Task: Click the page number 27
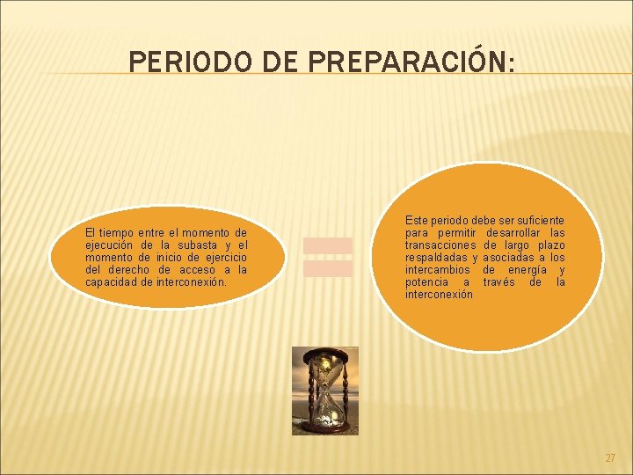610,458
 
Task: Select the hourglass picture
325,391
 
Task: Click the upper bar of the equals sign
328,245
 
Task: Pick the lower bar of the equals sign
328,268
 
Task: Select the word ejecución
110,245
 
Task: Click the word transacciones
440,245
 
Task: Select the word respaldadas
438,257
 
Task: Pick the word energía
530,270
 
